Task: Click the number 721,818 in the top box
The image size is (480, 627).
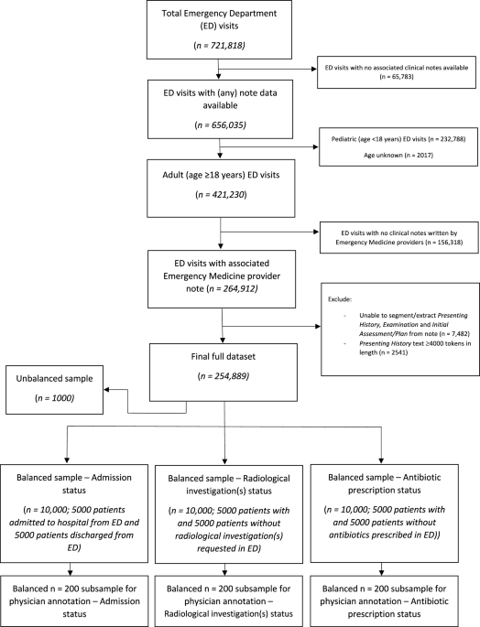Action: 228,45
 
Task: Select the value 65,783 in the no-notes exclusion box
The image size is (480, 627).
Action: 400,76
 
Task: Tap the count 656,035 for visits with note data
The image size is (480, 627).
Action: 229,125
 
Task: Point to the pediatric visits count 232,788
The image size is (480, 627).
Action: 452,139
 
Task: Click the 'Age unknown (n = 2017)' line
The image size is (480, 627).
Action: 398,155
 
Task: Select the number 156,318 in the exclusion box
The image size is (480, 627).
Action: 448,242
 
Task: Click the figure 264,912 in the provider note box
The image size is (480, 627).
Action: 241,288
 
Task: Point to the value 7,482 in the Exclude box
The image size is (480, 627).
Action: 459,333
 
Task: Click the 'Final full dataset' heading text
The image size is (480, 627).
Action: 223,356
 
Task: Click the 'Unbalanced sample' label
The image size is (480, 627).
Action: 54,378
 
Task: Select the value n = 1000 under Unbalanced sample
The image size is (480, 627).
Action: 54,398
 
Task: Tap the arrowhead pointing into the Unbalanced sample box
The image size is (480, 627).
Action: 106,390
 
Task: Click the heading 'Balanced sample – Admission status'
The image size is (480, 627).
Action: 74,483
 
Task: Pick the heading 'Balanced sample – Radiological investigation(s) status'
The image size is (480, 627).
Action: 229,484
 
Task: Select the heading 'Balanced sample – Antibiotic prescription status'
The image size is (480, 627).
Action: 385,483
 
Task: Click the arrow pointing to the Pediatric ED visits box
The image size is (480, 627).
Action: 269,146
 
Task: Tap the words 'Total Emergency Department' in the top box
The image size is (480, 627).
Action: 219,13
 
